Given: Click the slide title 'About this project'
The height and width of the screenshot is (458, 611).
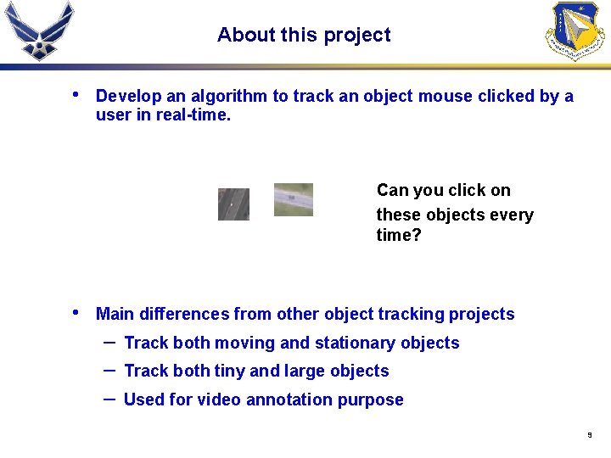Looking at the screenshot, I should pos(304,35).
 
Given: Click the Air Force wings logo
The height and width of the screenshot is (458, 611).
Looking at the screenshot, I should pos(38,31).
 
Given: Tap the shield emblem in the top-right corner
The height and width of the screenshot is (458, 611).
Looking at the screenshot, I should pos(576,31).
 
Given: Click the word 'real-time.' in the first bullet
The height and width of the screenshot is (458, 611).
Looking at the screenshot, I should pos(193,114).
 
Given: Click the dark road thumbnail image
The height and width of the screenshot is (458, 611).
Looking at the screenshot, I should pos(233,204).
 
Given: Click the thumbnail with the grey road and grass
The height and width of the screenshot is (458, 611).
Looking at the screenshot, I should pos(293,199).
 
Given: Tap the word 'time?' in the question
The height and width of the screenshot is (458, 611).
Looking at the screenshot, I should pos(398,235).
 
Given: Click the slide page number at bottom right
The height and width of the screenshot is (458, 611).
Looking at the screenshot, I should pos(589,435).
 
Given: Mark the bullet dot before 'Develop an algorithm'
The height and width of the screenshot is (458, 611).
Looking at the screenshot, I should pos(76,94).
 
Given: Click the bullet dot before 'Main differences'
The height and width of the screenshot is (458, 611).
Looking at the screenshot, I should pos(76,312).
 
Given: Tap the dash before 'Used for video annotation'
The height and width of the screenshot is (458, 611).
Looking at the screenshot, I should pos(109,398).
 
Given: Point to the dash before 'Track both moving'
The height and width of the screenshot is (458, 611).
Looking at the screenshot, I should pos(109,341).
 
